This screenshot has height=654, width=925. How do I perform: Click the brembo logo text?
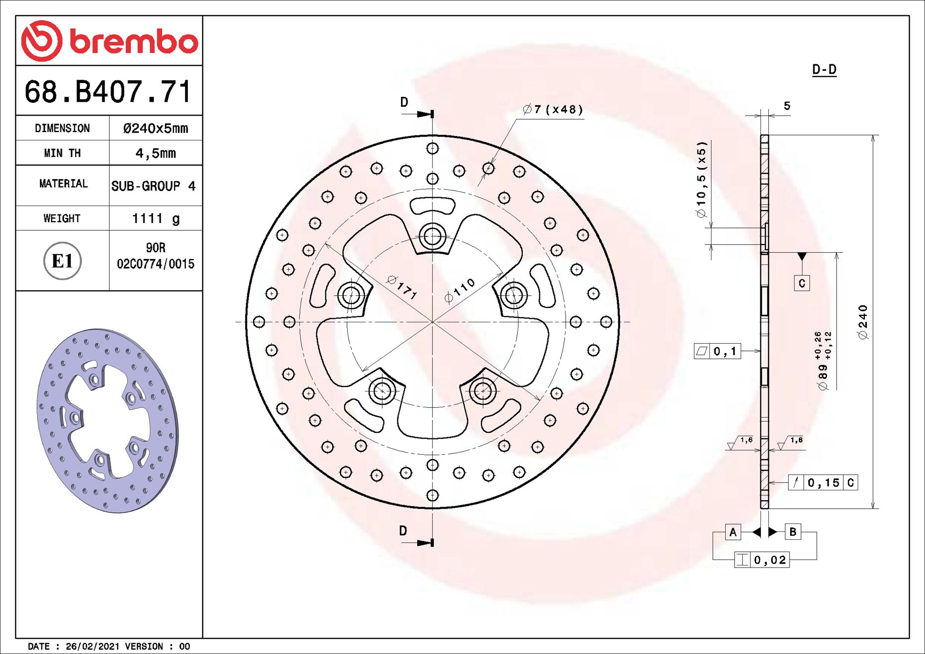click(133, 42)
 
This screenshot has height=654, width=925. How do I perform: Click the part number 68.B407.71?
click(108, 92)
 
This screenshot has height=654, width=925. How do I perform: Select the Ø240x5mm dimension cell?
click(155, 129)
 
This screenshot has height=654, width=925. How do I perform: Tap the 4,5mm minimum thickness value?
click(155, 153)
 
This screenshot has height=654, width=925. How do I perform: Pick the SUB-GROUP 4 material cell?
click(153, 186)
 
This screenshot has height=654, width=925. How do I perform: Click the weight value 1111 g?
click(155, 218)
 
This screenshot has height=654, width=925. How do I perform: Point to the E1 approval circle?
click(62, 261)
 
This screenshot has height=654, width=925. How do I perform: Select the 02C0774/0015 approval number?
click(155, 264)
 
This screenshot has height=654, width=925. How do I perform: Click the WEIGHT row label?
click(62, 218)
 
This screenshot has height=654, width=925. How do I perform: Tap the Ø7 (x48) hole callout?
click(553, 109)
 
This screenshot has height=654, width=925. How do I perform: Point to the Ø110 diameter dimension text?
click(459, 290)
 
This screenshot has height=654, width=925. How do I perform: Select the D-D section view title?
click(824, 70)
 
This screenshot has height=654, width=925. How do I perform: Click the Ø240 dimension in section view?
click(863, 322)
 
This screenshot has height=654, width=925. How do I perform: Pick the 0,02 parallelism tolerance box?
click(761, 560)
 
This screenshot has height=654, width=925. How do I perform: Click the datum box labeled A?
click(733, 532)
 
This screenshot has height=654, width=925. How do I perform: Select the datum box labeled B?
click(793, 532)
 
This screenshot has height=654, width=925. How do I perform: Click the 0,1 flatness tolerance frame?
click(717, 351)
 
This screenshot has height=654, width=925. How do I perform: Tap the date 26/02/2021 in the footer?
click(92, 647)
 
